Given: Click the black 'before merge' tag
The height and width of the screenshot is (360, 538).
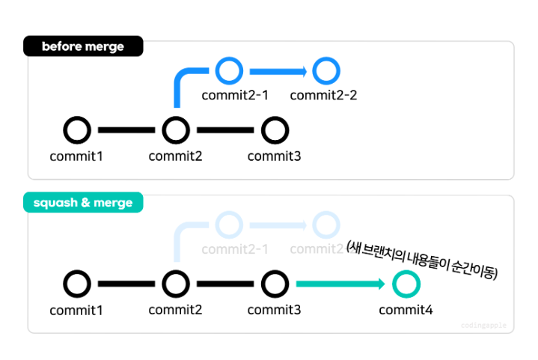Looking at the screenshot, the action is (83, 46).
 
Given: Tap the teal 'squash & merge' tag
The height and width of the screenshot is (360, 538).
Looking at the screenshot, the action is (83, 202).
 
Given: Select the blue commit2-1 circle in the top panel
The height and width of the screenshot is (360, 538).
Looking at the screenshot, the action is (229, 60).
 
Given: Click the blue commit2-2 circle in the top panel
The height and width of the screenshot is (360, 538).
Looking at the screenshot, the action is (326, 60).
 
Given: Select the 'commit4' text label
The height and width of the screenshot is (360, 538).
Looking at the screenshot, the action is (406, 310).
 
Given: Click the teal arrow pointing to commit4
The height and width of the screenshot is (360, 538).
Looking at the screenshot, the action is (340, 284).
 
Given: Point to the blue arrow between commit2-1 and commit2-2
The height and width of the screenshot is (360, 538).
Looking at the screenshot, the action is (278, 71).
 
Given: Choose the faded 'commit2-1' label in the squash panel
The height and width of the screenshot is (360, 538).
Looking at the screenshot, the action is (235, 249).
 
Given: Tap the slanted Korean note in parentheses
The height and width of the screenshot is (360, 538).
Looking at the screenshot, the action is (422, 260).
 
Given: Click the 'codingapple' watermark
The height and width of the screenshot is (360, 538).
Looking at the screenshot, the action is (483, 325).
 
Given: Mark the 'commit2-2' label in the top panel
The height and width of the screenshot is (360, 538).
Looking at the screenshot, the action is (323, 95).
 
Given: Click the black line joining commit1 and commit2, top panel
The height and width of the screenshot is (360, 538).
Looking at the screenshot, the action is (126, 130).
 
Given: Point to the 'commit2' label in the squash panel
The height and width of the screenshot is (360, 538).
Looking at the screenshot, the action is (175, 310).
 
